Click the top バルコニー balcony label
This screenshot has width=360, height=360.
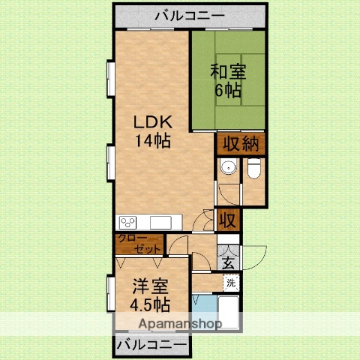pyautogui.click(x=190, y=14)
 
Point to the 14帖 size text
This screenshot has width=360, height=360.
pyautogui.click(x=153, y=140)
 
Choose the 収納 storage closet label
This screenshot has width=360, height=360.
pyautogui.click(x=241, y=143)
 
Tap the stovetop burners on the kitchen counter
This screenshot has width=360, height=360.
pyautogui.click(x=128, y=222)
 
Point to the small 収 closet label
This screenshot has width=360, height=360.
pyautogui.click(x=228, y=220)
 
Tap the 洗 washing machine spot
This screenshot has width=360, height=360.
pyautogui.click(x=231, y=283)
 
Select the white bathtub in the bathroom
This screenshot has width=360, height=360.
pyautogui.click(x=226, y=311)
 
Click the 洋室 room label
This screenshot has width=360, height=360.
pyautogui.click(x=150, y=287)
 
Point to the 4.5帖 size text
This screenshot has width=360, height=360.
pyautogui.click(x=150, y=304)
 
